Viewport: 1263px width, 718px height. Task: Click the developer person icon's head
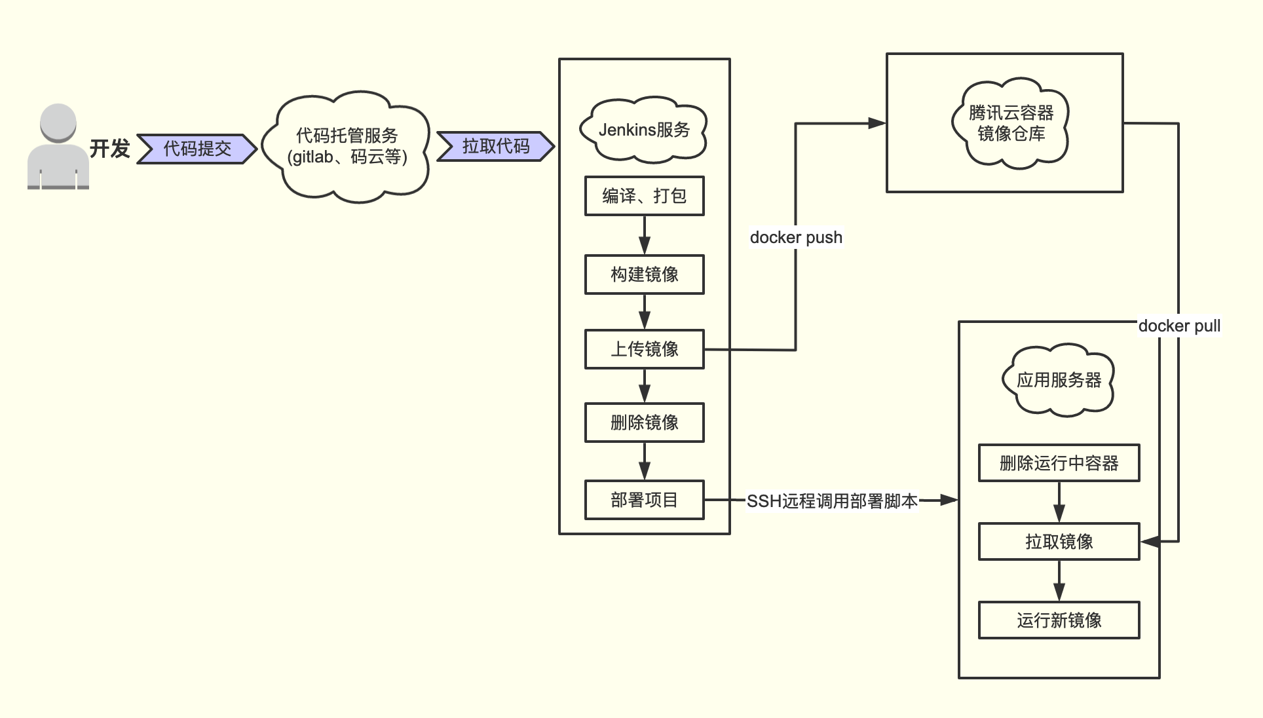[58, 122]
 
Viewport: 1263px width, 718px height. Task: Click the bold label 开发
[109, 149]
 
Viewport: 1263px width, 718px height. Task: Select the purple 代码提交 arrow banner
[197, 149]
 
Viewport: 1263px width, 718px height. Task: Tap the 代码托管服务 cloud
[347, 147]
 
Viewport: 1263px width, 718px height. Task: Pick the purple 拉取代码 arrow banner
[495, 146]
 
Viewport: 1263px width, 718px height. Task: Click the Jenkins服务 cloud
[644, 130]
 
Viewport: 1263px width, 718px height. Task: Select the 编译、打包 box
[644, 196]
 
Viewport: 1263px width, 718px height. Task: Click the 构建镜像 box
[644, 274]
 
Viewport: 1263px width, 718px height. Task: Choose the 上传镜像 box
[644, 349]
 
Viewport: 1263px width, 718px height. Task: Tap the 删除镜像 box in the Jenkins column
[644, 423]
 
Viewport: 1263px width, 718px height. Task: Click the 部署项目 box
[644, 500]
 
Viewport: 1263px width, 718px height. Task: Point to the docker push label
[796, 237]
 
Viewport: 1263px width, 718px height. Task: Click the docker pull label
[1178, 326]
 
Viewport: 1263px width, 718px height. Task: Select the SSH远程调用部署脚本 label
[832, 501]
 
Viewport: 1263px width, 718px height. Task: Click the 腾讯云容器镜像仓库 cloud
[1010, 124]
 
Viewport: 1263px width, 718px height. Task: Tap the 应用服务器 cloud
[1059, 380]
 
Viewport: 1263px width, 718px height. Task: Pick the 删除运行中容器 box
[1059, 463]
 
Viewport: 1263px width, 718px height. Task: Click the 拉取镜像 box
[1059, 541]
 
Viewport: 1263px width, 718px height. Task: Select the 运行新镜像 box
[1059, 620]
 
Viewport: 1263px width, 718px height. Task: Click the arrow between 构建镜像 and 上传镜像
[645, 312]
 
